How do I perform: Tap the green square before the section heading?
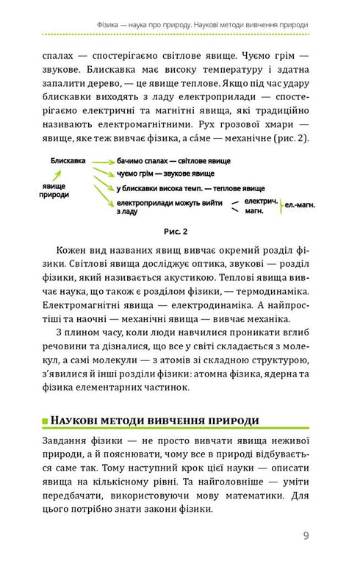46,421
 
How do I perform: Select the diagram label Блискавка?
68,160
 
